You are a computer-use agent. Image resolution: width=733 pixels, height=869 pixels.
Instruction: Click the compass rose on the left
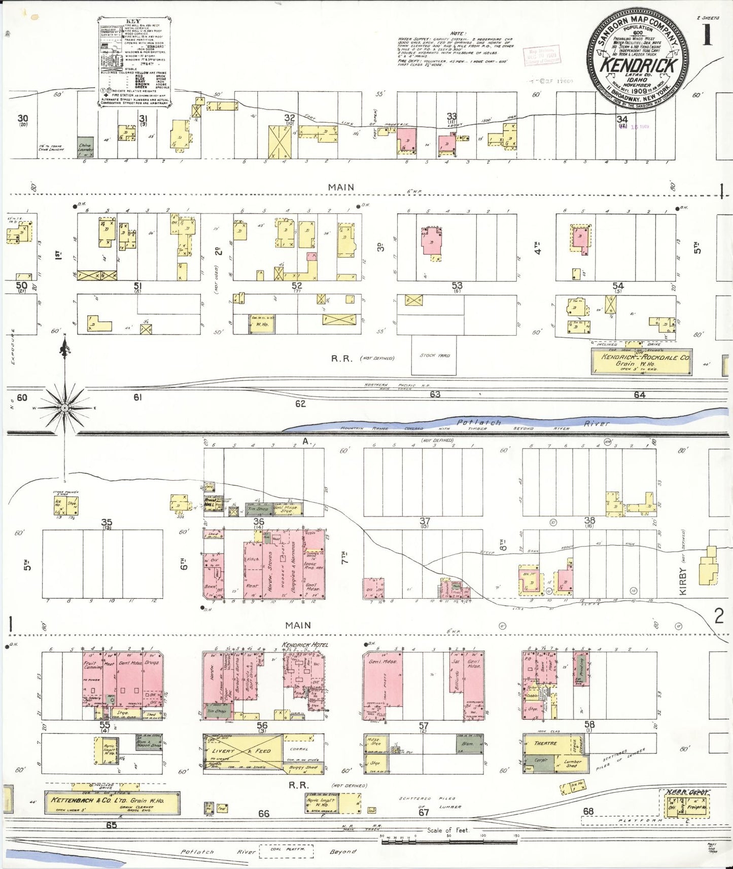coord(65,407)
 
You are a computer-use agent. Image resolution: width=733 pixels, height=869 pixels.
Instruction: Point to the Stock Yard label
coord(435,355)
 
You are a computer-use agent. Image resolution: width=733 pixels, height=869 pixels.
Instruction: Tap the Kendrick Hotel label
coord(305,645)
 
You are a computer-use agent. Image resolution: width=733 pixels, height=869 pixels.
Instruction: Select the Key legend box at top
coord(133,62)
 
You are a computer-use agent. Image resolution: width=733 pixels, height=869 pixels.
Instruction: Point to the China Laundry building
coord(84,148)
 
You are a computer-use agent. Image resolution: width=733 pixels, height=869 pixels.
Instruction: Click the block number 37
coord(425,521)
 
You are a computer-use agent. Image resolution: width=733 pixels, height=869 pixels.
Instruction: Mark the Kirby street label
coord(683,582)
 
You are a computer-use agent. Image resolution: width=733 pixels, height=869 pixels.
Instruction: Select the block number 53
coord(457,286)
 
